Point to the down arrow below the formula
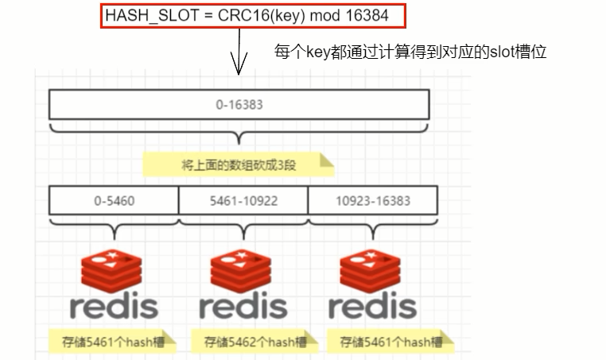point(235,60)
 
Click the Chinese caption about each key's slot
point(410,52)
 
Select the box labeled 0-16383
point(239,104)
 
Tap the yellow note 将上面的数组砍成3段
point(238,165)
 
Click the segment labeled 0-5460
point(114,200)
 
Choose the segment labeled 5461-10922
point(243,200)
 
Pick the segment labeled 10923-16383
point(372,200)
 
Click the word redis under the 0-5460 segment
point(114,307)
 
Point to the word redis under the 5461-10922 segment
point(243,307)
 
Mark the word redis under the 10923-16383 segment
point(372,307)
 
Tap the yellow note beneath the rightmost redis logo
point(390,343)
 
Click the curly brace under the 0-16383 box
point(239,131)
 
